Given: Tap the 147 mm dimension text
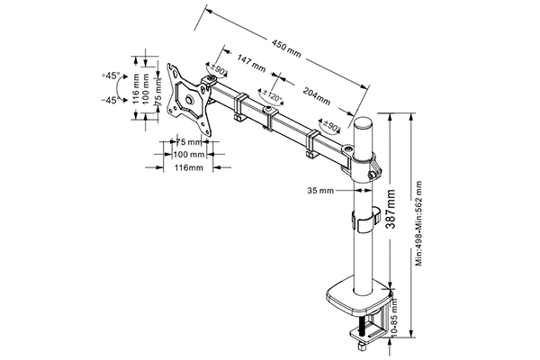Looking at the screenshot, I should click(x=251, y=64).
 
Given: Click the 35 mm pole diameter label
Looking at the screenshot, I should click(x=321, y=191).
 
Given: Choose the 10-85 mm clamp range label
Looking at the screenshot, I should click(x=397, y=317).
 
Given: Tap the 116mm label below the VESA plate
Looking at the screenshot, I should click(x=188, y=168).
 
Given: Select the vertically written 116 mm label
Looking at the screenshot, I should click(x=135, y=89).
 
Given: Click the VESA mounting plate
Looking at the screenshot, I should click(x=192, y=99).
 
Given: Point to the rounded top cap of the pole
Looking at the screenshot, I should click(x=364, y=125).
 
